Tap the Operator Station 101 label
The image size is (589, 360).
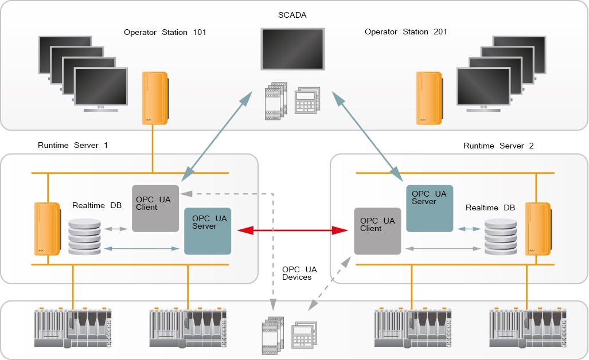(x=165, y=32)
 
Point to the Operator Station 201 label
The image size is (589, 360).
(x=406, y=32)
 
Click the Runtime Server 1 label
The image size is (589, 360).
(x=73, y=146)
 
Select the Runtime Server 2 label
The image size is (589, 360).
(x=498, y=146)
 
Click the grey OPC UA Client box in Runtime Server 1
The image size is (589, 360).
(x=155, y=209)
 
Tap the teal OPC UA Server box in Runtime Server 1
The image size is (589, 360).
(x=208, y=231)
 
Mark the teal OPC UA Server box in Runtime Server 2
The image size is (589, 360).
(x=430, y=208)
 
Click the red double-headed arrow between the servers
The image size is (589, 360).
(x=293, y=231)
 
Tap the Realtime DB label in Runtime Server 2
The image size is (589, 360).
(x=490, y=208)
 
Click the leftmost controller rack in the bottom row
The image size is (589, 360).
(x=73, y=328)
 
